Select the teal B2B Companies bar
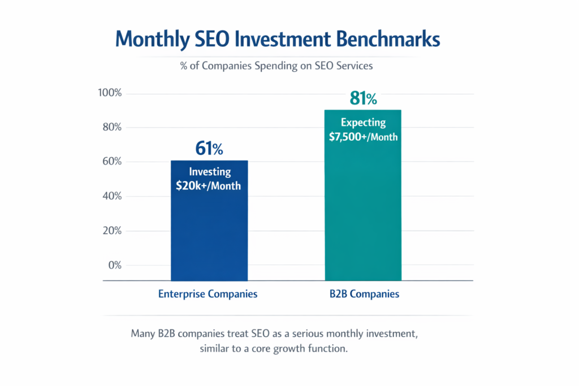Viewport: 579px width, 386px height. pos(363,215)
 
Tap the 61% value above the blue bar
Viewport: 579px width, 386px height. pos(209,149)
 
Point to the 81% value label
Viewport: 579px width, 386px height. pos(363,98)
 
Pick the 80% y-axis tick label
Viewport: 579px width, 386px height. pos(112,128)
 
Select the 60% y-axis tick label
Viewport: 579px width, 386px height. pos(112,162)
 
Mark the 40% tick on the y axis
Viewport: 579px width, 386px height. pos(112,197)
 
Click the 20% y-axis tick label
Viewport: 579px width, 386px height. pos(112,231)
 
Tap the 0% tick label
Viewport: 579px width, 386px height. pos(115,266)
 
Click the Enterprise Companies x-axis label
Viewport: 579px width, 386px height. pos(208,294)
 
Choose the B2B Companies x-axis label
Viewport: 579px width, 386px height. pos(363,294)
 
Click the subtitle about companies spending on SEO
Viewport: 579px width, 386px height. pos(276,66)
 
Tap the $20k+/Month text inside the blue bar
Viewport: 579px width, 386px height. pos(209,185)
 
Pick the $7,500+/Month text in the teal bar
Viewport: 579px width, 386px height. pos(363,136)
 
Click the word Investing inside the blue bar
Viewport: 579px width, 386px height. pos(209,172)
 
